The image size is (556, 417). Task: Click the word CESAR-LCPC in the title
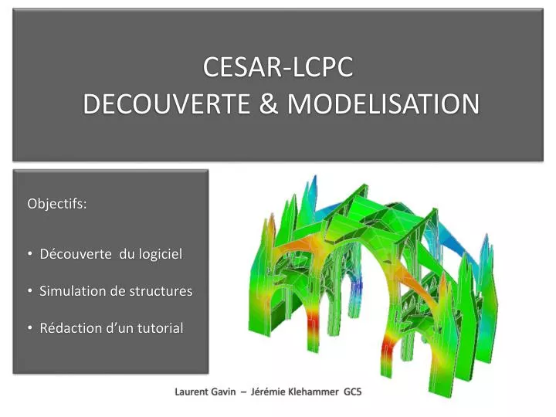(278, 67)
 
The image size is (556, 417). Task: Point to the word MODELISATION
(383, 104)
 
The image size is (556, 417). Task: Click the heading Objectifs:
(57, 205)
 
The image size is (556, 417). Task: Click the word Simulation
(73, 291)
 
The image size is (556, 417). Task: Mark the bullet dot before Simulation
(29, 291)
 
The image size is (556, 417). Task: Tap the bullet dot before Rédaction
(29, 328)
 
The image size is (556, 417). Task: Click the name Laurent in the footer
(192, 392)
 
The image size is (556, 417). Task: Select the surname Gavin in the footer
(225, 392)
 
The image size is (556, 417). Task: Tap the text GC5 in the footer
(353, 392)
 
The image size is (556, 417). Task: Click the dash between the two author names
(244, 392)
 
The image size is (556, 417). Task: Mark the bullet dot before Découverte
(29, 253)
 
